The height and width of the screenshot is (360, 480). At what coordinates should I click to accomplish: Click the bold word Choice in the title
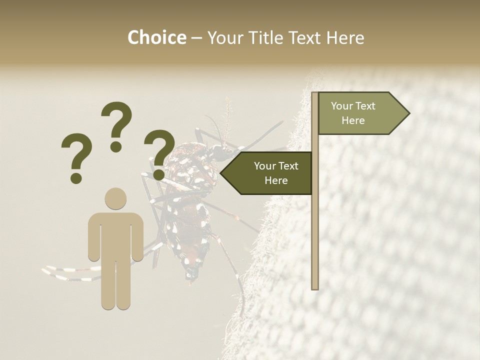156,38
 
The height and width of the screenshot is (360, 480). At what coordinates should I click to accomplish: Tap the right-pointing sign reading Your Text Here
360,113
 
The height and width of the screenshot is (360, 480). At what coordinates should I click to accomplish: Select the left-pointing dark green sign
270,173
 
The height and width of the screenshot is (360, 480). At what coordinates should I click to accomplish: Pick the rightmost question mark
159,152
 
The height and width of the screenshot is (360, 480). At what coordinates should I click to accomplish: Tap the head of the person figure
115,198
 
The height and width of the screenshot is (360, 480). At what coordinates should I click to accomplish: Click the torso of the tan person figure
115,235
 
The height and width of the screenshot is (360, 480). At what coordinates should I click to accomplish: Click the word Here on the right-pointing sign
353,120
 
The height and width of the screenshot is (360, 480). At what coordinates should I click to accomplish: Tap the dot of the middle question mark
116,146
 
